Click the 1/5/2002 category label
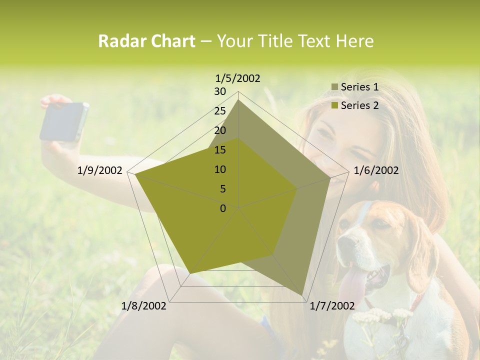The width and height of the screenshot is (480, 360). [x=238, y=78]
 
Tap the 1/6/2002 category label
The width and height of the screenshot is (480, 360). [x=376, y=170]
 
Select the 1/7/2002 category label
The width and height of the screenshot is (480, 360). [x=332, y=306]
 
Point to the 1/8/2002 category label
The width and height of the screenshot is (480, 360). [x=144, y=306]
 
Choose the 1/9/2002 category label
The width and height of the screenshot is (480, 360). [x=100, y=170]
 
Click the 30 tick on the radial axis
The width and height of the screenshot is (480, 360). [x=220, y=91]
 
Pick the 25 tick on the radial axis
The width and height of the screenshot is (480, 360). [x=220, y=111]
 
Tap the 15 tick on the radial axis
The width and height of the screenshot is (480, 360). [x=220, y=150]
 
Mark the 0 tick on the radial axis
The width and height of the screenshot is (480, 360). [x=223, y=208]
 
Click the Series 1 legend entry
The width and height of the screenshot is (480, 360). [x=359, y=87]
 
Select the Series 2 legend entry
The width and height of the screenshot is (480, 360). [x=359, y=105]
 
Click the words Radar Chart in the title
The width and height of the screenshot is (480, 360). [x=146, y=41]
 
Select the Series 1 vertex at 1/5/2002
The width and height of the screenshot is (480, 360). [x=238, y=99]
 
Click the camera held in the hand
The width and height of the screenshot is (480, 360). [x=64, y=121]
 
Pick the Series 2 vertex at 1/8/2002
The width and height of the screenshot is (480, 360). [x=190, y=273]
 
